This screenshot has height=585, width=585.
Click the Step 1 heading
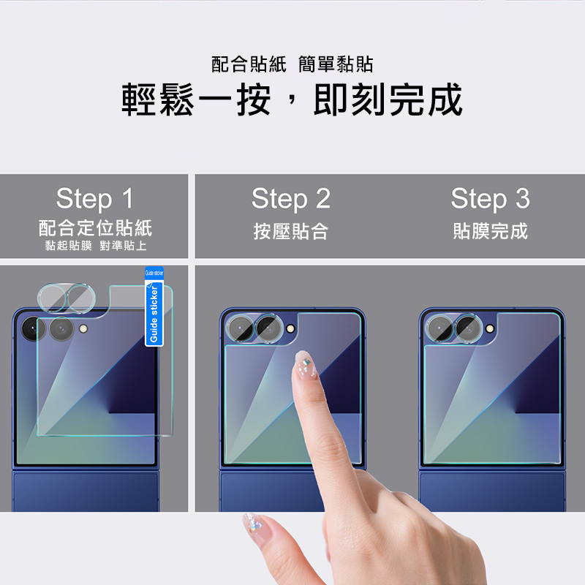(x=95, y=198)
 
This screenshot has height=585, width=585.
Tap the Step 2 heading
(x=291, y=198)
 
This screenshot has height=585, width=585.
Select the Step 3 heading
(x=490, y=198)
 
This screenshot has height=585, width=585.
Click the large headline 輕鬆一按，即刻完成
(x=292, y=99)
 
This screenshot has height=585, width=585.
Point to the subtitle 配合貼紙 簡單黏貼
(x=292, y=64)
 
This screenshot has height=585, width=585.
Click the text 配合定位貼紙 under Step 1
(x=96, y=228)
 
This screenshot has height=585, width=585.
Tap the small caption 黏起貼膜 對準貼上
(x=96, y=246)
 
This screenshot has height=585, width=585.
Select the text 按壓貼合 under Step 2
(x=291, y=231)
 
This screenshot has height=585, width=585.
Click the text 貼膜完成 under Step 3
(x=490, y=231)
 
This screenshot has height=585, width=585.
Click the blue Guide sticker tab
(x=154, y=306)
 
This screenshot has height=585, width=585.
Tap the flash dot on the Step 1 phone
(x=83, y=328)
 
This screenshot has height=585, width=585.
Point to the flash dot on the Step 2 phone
(x=290, y=329)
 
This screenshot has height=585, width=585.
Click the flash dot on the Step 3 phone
(x=489, y=329)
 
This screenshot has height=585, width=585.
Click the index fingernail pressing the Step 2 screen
(x=305, y=364)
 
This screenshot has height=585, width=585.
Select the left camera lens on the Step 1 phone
(x=34, y=329)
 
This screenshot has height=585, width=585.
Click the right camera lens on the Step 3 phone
(x=468, y=328)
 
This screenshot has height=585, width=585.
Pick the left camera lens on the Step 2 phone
(x=240, y=328)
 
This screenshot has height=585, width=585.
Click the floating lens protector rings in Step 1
(x=67, y=298)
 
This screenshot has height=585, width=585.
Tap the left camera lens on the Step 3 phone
(x=439, y=328)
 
